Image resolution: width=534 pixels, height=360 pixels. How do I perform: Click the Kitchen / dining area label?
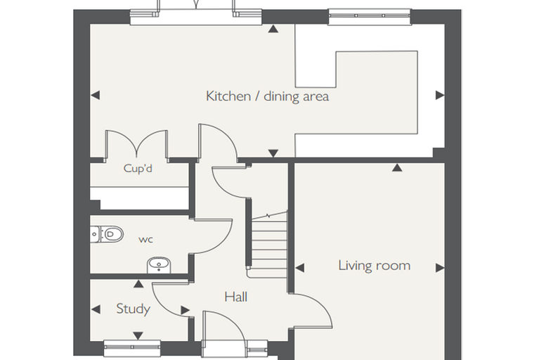pos(267,96)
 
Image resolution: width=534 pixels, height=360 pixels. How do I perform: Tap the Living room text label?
pos(374,265)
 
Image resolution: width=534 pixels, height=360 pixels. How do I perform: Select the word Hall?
pos(235,297)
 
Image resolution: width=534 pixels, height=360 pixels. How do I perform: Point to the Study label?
pos(133,309)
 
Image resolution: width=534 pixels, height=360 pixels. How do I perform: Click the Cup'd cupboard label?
pos(138,169)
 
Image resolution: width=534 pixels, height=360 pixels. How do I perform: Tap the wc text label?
pos(145,240)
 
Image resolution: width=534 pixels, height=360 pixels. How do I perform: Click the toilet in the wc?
pos(107,234)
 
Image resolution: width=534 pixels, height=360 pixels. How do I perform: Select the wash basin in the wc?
pos(159,265)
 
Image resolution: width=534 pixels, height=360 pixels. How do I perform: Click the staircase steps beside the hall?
pos(269,244)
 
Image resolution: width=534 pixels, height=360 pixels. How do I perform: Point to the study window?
pos(132,347)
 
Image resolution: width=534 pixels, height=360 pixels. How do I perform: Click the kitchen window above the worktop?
pos(370,16)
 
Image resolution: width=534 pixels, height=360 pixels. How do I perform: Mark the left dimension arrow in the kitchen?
pos(96,95)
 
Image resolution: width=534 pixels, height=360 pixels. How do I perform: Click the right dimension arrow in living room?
pos(440,268)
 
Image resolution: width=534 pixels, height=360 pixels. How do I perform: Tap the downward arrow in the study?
pos(138,336)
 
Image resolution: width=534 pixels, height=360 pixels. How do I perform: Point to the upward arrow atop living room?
pos(397,167)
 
